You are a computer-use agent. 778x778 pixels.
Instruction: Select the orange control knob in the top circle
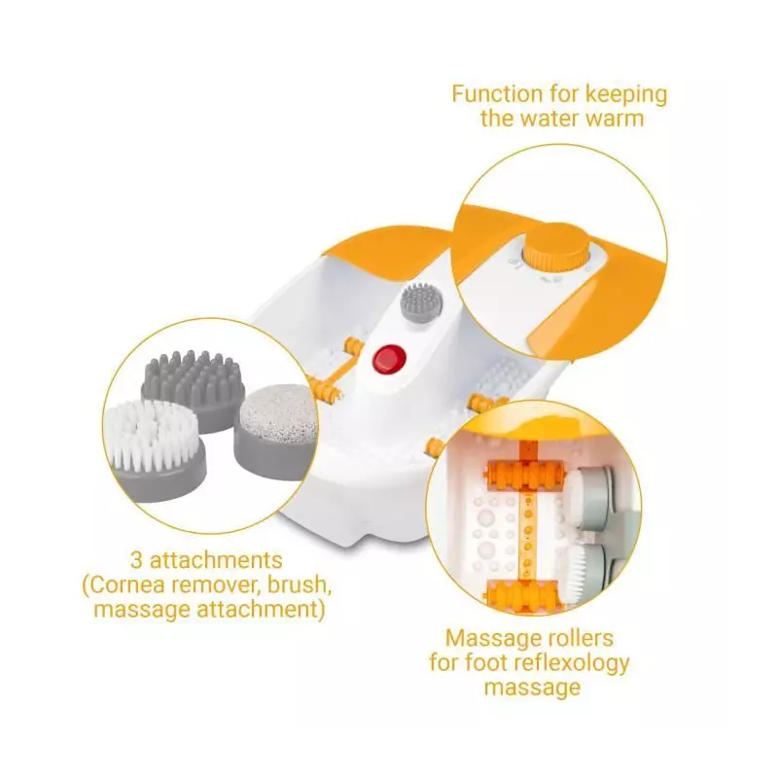555,253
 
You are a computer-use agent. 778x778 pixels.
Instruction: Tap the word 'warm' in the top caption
611,119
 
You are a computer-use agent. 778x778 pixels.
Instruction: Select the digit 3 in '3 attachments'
136,561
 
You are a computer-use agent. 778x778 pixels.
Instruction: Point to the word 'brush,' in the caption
300,585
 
